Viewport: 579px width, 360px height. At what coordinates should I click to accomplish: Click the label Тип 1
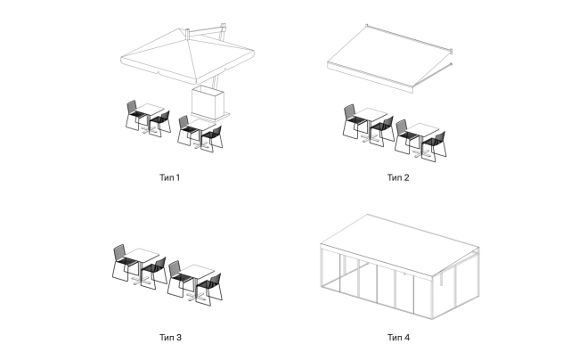point(169,177)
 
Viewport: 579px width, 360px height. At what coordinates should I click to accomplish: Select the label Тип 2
point(398,177)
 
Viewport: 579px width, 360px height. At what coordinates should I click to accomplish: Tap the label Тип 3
point(170,338)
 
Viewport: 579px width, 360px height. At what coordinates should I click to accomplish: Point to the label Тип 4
point(398,338)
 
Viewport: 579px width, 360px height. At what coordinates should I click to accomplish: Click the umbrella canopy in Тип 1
point(188,56)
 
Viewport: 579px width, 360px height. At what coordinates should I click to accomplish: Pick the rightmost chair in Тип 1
point(212,138)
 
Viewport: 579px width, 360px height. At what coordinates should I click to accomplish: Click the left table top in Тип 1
point(150,109)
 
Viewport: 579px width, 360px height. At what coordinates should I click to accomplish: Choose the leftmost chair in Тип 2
point(354,121)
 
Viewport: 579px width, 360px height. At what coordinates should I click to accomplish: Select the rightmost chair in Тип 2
point(435,145)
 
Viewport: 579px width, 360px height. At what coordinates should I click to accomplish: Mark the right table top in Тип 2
point(422,129)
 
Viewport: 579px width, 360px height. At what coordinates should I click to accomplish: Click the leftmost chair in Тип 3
point(124,262)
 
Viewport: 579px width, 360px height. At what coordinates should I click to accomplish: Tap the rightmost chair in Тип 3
point(209,289)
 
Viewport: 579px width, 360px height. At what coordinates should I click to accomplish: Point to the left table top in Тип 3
point(141,254)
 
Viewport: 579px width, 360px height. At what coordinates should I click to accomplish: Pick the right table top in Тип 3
point(197,271)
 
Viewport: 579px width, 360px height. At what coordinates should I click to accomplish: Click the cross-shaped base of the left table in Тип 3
point(142,282)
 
